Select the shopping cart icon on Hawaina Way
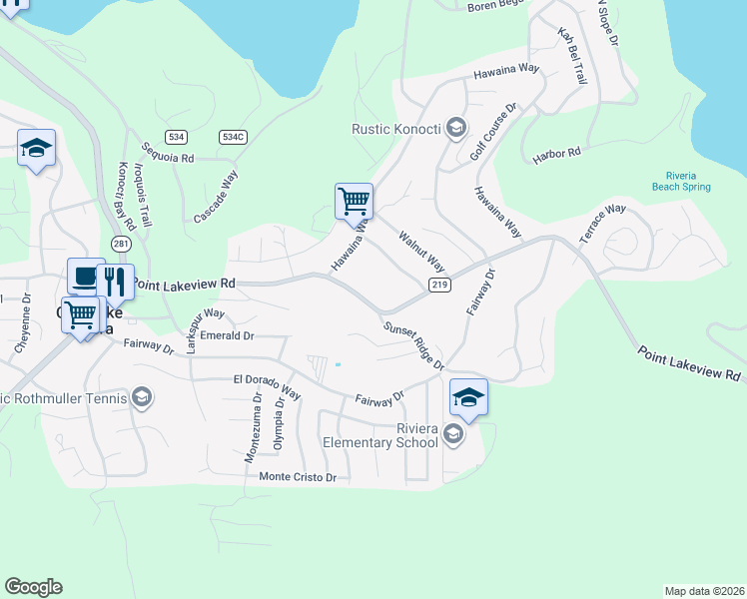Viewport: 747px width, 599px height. point(354,201)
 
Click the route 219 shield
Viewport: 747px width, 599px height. point(440,286)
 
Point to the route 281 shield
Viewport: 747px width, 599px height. point(121,244)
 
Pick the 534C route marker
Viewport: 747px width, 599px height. point(233,136)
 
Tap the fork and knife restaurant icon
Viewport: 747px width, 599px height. point(115,282)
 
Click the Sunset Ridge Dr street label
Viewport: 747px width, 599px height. point(413,345)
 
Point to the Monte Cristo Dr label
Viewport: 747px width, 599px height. point(298,477)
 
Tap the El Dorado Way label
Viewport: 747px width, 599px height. point(267,385)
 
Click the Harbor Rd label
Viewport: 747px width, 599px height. point(556,154)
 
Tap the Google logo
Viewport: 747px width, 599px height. point(33,587)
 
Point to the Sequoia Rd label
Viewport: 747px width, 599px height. point(167,151)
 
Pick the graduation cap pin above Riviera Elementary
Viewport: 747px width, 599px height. point(468,397)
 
